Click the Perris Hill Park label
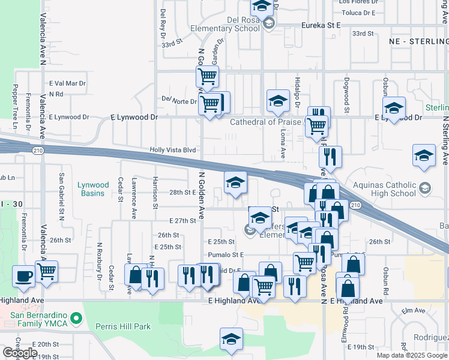click(x=122, y=327)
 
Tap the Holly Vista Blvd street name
click(x=173, y=150)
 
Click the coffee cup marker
click(x=23, y=276)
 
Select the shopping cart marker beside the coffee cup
click(x=46, y=271)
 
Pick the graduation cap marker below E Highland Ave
click(x=231, y=339)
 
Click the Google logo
click(x=19, y=353)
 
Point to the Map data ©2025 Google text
click(x=412, y=355)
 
